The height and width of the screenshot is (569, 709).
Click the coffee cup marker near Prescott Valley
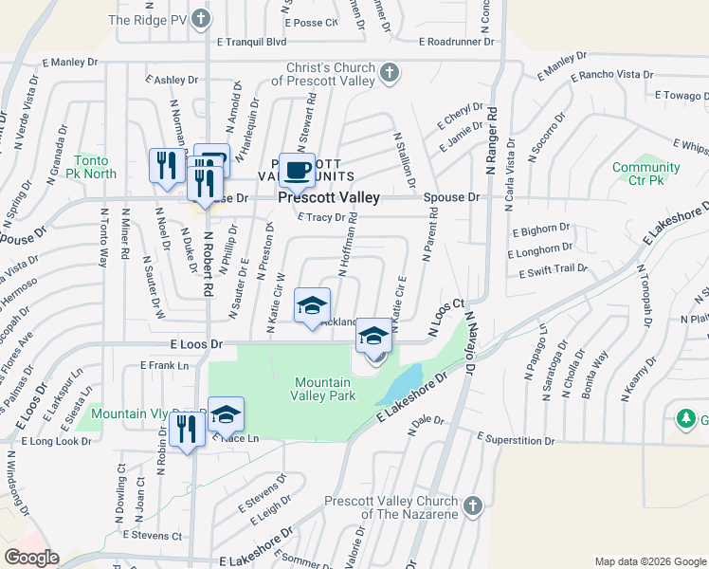(x=297, y=170)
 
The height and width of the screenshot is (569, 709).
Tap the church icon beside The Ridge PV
(x=200, y=19)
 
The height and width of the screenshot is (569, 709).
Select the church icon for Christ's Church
(x=390, y=73)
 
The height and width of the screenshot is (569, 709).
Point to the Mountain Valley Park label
(x=323, y=389)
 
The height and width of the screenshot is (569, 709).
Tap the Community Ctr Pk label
(x=645, y=174)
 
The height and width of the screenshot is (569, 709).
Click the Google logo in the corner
(x=31, y=558)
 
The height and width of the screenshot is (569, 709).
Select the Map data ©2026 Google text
(x=649, y=561)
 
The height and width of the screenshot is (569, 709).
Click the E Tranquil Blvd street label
(x=251, y=42)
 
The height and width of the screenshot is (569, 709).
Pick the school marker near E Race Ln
(x=227, y=414)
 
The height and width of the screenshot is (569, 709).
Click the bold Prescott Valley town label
(x=329, y=197)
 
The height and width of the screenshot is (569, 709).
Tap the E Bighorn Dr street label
(x=540, y=229)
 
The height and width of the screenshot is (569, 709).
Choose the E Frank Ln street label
(x=165, y=364)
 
